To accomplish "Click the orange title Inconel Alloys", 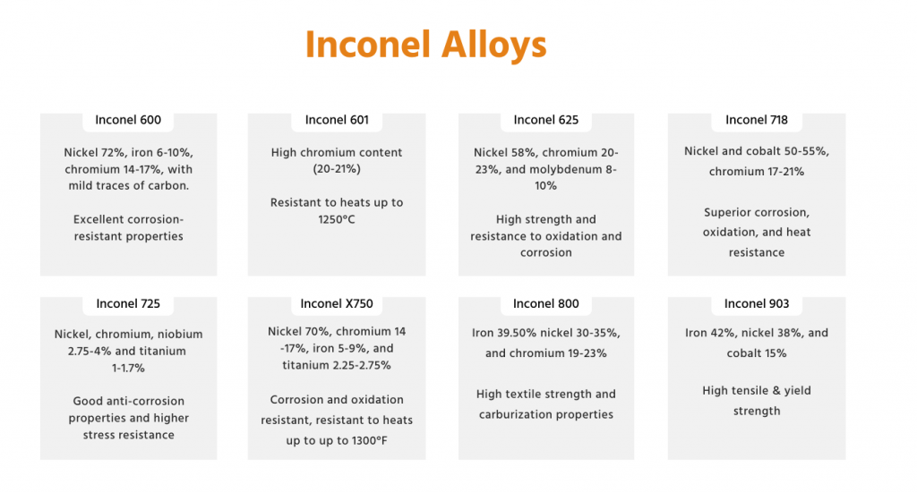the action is click(425, 45).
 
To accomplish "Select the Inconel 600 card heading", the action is click(128, 120).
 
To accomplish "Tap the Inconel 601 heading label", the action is click(337, 120).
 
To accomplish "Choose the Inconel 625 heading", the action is click(545, 120).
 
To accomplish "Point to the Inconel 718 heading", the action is click(756, 120).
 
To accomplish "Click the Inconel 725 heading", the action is click(128, 303).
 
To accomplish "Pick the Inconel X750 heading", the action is click(337, 303).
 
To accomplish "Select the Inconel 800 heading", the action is click(545, 303).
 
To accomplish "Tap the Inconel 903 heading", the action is click(756, 303).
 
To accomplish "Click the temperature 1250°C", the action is click(337, 219).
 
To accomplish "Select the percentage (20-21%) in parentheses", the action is click(337, 169).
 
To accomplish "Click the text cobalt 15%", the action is click(756, 353).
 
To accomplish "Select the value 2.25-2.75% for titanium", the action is click(356, 366).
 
